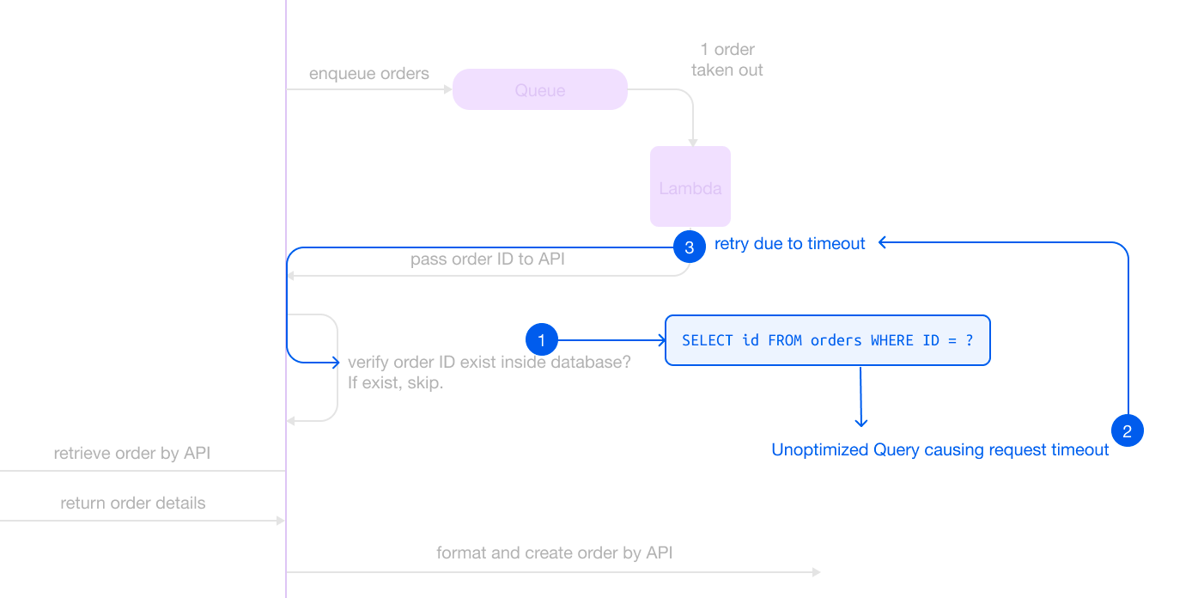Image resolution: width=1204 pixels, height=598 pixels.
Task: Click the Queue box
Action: point(539,89)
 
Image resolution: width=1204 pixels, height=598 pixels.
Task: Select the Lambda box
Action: point(690,186)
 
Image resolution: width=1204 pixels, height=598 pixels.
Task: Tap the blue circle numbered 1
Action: point(542,339)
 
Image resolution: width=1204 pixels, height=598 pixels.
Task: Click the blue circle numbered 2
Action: point(1127,430)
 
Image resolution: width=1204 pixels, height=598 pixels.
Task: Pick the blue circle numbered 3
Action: point(690,247)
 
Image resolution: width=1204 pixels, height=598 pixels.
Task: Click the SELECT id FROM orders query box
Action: point(828,340)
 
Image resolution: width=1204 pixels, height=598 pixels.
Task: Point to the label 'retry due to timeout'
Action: point(789,244)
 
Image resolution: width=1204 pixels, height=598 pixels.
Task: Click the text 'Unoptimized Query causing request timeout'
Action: point(940,449)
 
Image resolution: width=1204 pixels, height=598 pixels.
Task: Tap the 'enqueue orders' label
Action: point(368,73)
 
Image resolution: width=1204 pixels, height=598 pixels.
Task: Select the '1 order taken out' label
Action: point(727,59)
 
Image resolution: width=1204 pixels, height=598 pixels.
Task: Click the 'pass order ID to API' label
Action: point(488,259)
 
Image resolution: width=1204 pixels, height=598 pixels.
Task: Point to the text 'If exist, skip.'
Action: point(396,383)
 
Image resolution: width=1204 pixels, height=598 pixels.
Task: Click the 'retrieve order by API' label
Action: point(132,454)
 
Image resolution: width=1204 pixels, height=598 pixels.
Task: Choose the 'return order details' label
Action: point(133,503)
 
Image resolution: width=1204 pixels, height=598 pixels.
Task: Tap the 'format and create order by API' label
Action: point(554,552)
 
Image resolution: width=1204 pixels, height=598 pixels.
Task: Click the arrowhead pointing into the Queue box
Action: point(447,89)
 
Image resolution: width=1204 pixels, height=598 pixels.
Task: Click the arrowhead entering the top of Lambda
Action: point(693,143)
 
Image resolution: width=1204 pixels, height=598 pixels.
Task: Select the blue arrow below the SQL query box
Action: point(860,397)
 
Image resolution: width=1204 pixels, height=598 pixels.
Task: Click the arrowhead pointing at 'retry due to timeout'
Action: point(882,242)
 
